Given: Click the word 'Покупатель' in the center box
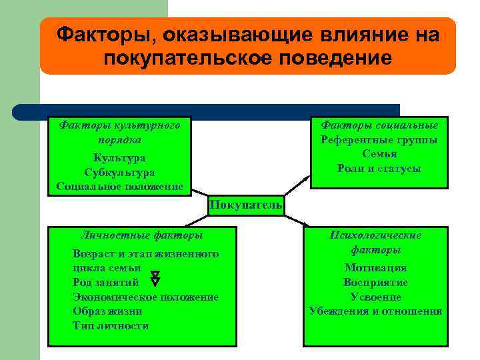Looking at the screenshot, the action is click(245, 205).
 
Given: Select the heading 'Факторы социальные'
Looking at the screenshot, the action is click(379, 125).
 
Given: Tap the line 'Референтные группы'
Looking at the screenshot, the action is click(379, 140).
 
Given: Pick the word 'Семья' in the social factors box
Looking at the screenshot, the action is click(379, 154).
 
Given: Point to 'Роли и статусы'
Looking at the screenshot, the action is click(379, 169).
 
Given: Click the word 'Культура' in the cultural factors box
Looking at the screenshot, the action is click(119, 158).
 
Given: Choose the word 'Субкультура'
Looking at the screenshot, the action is click(119, 172).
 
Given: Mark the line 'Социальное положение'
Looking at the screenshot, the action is click(119, 186).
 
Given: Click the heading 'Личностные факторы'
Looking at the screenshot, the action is click(141, 235).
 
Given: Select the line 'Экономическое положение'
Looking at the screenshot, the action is click(145, 297).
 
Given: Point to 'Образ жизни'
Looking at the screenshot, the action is click(107, 311).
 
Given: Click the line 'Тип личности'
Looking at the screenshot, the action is click(111, 325).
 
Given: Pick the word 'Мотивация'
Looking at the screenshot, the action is click(376, 268).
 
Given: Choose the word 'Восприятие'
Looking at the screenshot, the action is click(376, 282).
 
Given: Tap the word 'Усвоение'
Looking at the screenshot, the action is click(376, 297).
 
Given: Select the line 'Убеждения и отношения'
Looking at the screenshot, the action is click(376, 311).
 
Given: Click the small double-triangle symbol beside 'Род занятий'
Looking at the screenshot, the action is click(155, 278).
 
